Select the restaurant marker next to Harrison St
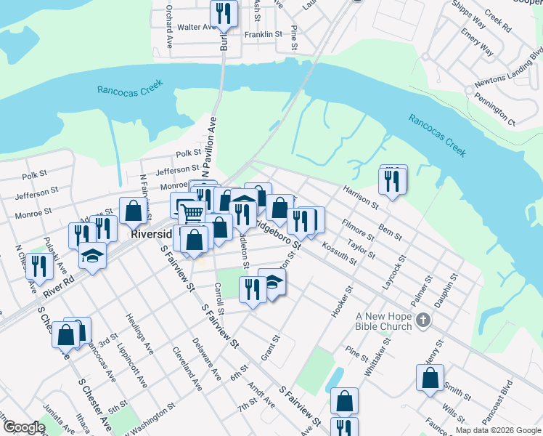coord(392,179)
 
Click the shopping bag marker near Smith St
coord(430,379)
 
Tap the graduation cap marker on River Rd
coord(92,257)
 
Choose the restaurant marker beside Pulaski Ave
coord(38,267)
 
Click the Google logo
coord(24,427)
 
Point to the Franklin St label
coord(263,34)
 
